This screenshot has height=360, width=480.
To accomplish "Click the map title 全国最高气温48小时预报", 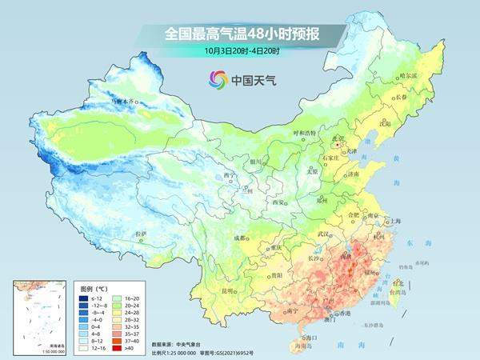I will pos(242,34).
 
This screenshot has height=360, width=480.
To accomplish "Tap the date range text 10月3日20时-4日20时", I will pos(242,50).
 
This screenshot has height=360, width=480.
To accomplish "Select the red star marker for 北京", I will pos(339,144).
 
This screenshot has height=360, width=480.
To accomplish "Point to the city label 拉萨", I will pos(142,233).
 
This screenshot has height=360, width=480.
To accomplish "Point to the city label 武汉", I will pos(324,233).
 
